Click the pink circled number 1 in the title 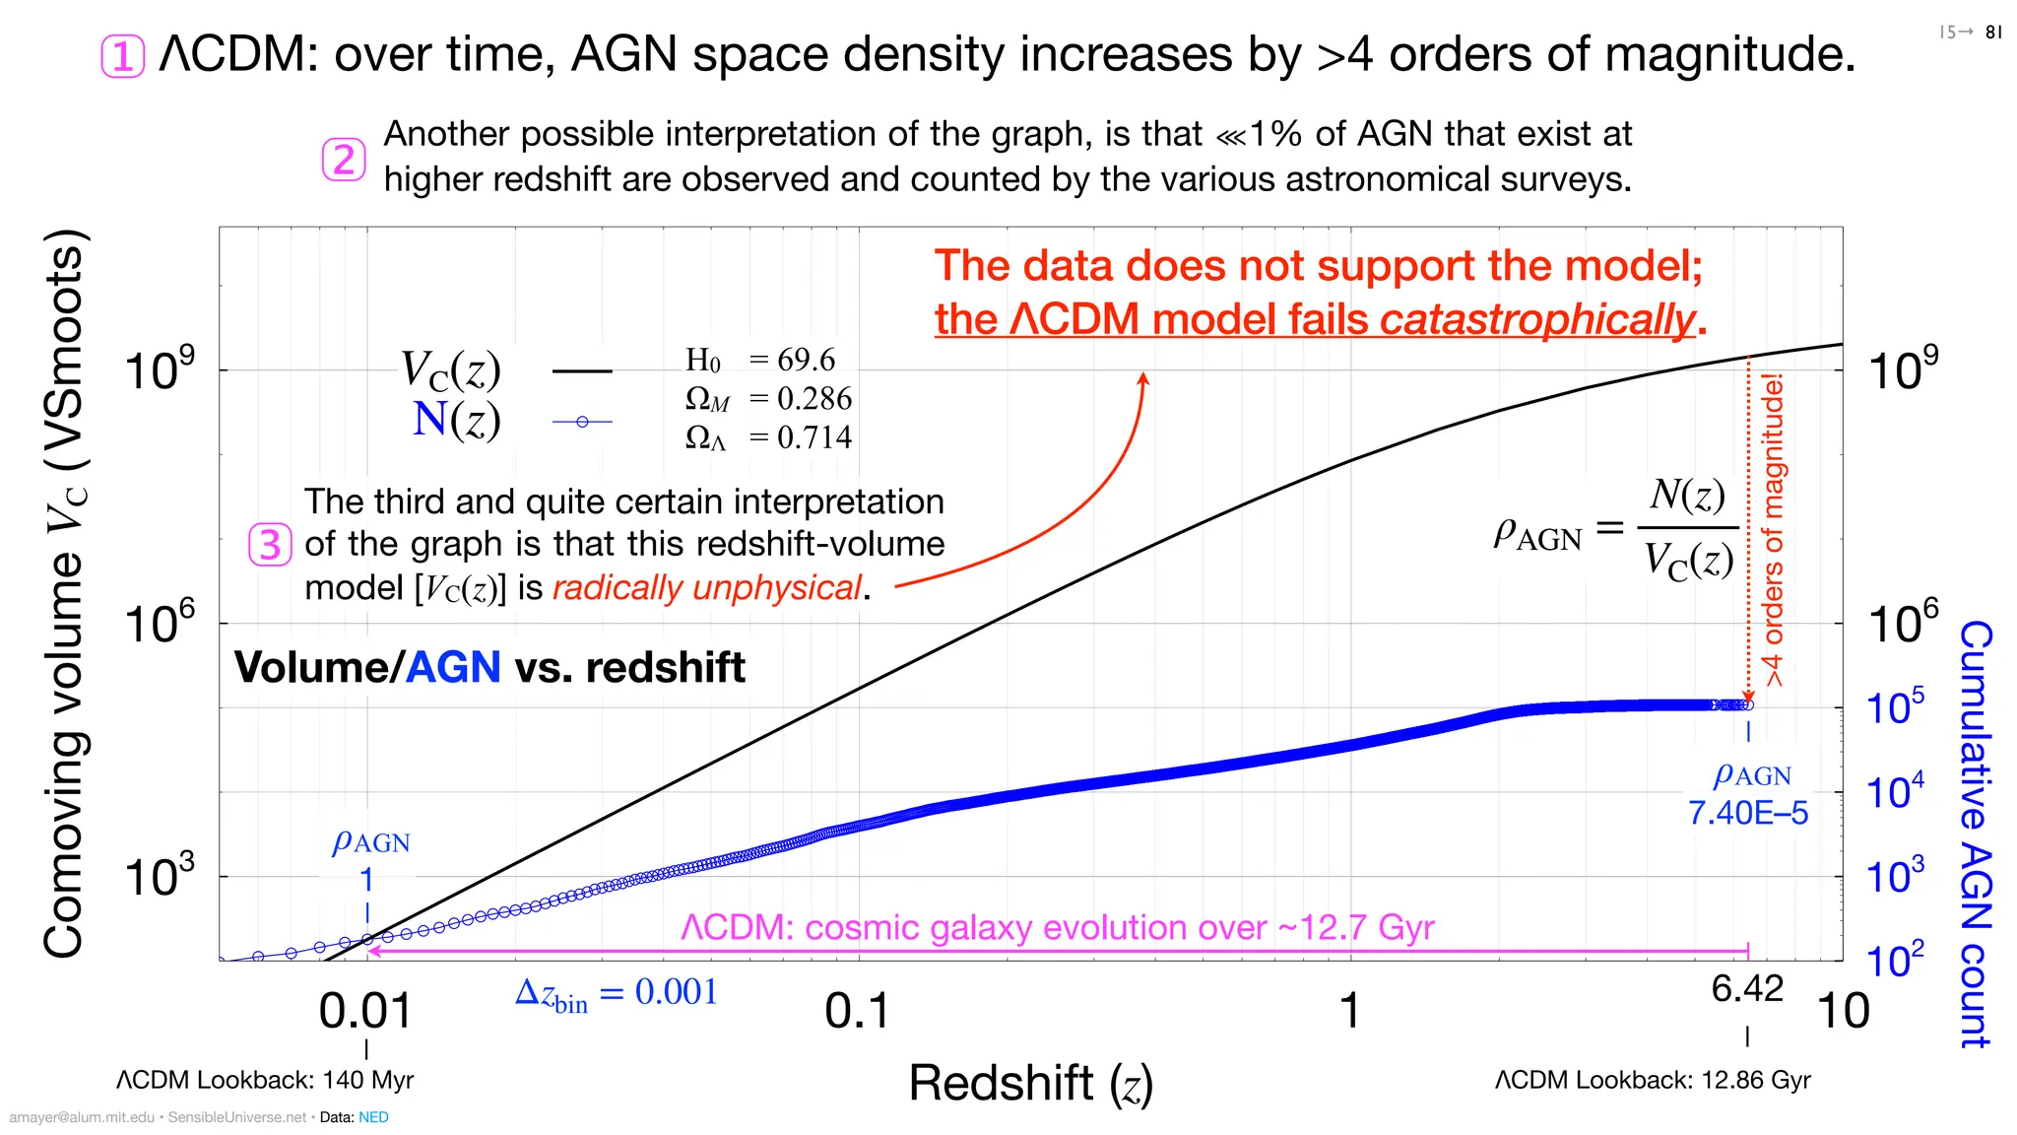click(x=123, y=56)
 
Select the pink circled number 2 click(x=344, y=160)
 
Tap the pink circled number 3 click(x=270, y=545)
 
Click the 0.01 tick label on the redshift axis click(x=365, y=1011)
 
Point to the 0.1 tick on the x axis click(x=857, y=1011)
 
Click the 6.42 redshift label click(x=1747, y=988)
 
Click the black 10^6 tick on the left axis click(x=160, y=624)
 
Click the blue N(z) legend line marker click(x=582, y=422)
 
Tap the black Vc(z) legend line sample click(x=582, y=371)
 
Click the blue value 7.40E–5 click(x=1748, y=813)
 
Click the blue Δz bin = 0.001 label click(x=617, y=993)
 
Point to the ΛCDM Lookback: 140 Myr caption click(x=265, y=1080)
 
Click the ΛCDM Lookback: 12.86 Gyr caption click(x=1652, y=1080)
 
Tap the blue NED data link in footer click(x=373, y=1117)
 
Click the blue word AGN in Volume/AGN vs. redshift click(x=453, y=668)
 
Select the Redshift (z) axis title click(x=1030, y=1083)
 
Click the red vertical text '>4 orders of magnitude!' click(x=1773, y=530)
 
